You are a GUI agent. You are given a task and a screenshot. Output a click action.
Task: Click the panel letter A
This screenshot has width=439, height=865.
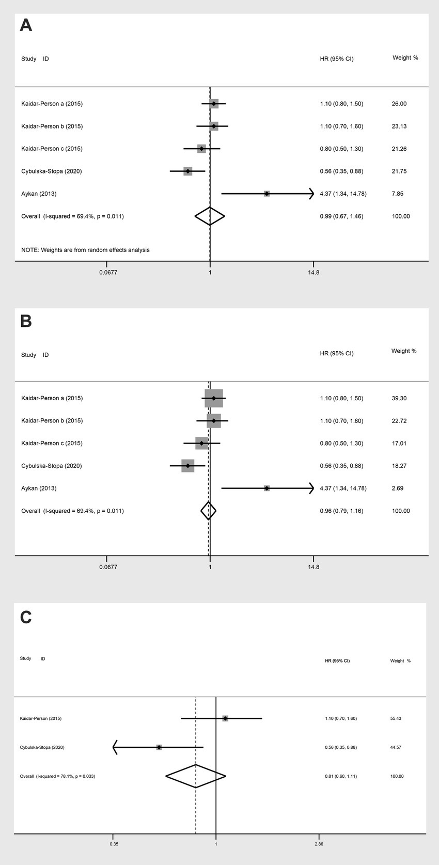click(26, 25)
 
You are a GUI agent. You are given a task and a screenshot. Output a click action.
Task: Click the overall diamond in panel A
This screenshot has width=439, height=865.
click(210, 216)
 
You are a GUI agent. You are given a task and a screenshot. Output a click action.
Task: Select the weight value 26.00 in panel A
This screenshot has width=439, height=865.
click(399, 104)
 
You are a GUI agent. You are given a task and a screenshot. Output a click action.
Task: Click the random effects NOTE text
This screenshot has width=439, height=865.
click(85, 250)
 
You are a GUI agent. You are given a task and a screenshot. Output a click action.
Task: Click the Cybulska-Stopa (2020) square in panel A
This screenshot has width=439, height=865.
click(188, 171)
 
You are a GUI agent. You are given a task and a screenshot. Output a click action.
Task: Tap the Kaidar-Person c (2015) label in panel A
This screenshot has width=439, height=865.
click(52, 149)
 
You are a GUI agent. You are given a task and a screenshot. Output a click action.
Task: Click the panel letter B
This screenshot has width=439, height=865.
click(26, 321)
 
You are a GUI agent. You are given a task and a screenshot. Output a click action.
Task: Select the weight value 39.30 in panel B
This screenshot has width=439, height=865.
click(399, 398)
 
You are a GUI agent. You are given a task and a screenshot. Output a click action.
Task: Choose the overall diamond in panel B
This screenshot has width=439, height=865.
click(208, 511)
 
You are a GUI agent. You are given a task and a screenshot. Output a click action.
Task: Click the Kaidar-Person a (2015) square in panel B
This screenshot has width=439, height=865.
click(214, 398)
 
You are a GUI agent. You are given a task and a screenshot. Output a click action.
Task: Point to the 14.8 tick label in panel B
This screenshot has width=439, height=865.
click(313, 567)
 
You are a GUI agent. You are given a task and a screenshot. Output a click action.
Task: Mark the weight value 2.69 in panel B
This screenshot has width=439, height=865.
click(398, 488)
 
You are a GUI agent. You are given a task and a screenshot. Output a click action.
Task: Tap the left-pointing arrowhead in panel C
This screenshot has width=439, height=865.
click(116, 747)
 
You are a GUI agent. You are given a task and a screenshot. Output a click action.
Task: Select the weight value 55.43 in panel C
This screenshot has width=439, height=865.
click(397, 718)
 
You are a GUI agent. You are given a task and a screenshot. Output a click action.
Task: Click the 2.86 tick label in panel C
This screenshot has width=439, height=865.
click(319, 844)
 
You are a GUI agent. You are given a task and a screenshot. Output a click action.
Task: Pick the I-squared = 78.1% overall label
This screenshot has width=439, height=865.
click(57, 776)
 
